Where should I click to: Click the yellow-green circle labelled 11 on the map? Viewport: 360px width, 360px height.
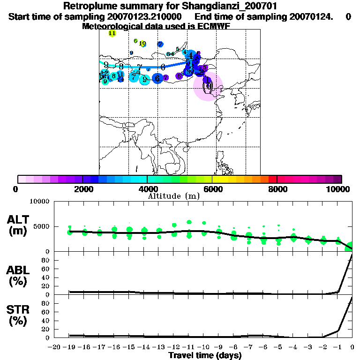tap(112, 33)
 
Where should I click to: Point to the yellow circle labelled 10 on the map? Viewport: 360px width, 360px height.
tap(142, 44)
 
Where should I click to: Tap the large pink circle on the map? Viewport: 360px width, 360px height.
tap(208, 86)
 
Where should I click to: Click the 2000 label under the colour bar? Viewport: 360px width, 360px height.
tap(82, 189)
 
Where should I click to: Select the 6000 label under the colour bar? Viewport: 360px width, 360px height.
tap(212, 189)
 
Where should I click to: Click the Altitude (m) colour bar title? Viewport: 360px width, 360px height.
tap(173, 196)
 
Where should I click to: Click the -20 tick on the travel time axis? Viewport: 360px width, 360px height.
tap(55, 347)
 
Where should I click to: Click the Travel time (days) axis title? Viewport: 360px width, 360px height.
tap(205, 356)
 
